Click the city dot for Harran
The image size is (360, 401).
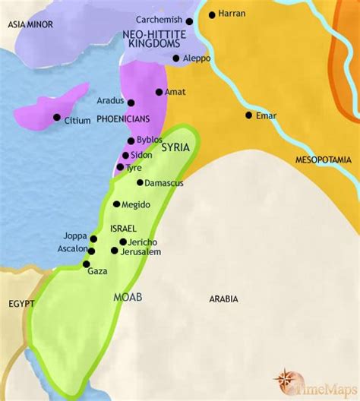(x=211, y=14)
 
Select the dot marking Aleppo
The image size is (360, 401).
(x=176, y=58)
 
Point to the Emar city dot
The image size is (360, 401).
(x=248, y=115)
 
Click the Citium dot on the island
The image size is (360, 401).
(x=57, y=117)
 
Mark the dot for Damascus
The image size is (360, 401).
(x=140, y=182)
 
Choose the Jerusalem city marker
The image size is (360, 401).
(x=115, y=251)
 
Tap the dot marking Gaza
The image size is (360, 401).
(x=87, y=264)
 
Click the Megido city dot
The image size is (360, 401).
(x=116, y=204)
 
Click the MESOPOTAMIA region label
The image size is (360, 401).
(x=324, y=159)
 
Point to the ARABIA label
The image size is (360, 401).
(x=223, y=298)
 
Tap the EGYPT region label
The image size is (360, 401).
(x=22, y=303)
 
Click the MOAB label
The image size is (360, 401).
(x=126, y=297)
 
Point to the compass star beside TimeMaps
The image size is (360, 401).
(x=286, y=380)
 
